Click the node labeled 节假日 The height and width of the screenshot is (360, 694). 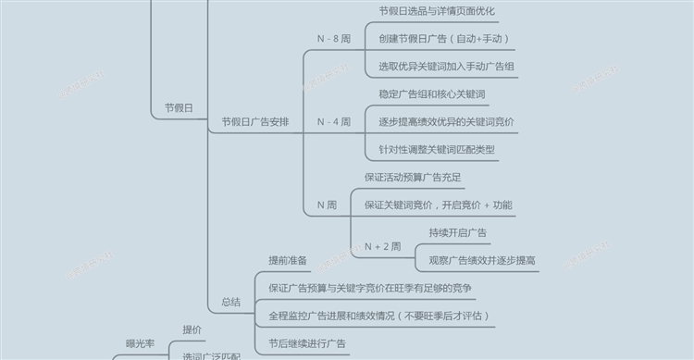coord(178,109)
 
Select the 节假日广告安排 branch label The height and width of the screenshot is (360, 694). coord(254,122)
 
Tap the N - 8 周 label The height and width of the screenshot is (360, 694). coord(333,39)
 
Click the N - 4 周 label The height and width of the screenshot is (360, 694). coord(333,122)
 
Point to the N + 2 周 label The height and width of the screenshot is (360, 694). coord(382,246)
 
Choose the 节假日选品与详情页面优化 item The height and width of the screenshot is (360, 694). coord(437,11)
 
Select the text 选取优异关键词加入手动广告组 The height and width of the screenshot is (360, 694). coord(447,67)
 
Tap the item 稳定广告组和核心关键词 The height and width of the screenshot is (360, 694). coord(432,94)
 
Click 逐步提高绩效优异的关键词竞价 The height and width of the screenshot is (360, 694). coord(447,122)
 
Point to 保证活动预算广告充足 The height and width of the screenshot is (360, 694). coord(413,177)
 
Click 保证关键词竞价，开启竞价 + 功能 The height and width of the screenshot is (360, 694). coord(438,205)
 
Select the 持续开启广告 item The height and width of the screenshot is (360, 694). coord(458,232)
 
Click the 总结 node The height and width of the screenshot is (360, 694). coord(230,302)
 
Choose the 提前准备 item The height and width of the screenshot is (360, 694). coord(287,260)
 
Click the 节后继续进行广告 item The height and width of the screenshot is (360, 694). coord(307,343)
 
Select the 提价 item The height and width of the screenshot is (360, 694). coord(192,329)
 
